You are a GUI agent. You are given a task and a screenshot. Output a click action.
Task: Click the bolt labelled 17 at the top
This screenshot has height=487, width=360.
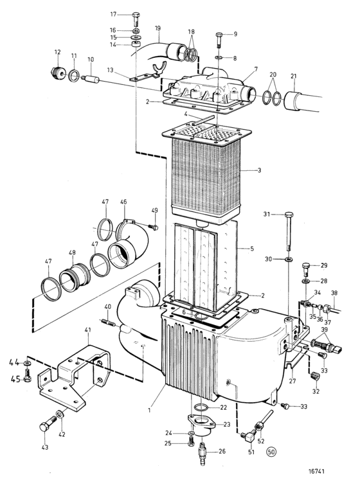[x=136, y=19]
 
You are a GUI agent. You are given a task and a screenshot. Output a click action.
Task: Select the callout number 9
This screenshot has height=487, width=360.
[x=235, y=34]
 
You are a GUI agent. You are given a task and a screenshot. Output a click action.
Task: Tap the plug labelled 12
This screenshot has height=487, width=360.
[x=58, y=73]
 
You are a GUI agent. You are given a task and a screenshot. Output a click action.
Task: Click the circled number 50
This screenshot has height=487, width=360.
[x=271, y=452]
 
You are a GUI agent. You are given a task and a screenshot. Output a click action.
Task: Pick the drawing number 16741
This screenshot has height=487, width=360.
[x=316, y=471]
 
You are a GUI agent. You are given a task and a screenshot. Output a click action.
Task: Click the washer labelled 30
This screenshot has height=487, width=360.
[x=289, y=259]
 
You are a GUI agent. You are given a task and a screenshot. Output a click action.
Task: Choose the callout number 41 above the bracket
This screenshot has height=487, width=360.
[x=87, y=330]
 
